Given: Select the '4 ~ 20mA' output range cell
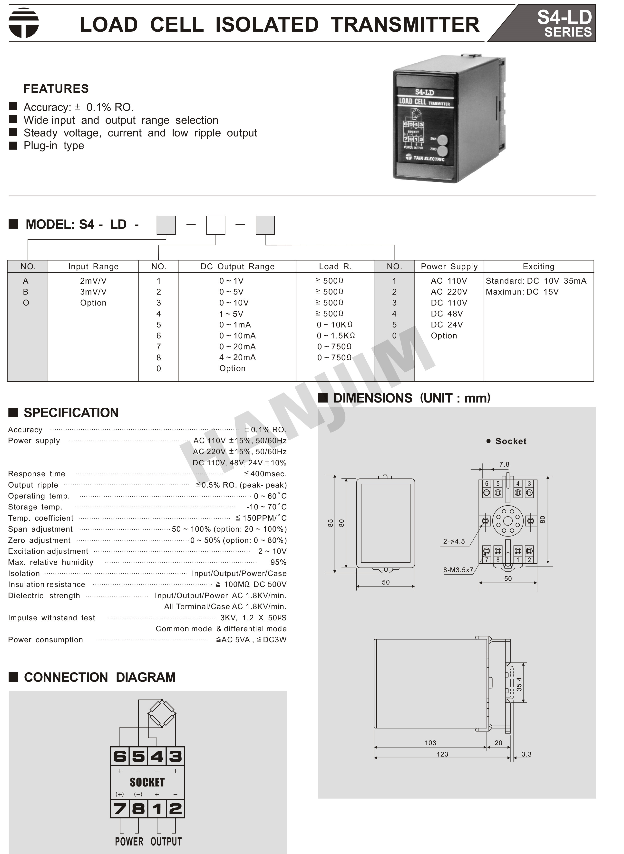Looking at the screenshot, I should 237,357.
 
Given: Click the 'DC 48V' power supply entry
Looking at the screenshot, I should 447,314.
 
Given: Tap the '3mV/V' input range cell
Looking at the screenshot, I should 93,292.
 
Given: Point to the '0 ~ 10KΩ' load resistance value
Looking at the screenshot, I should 335,325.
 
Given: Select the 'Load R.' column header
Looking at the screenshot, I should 335,267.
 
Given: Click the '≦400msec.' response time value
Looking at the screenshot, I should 265,474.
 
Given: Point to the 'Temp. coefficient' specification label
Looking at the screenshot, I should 41,518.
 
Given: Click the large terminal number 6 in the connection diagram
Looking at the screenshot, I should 120,756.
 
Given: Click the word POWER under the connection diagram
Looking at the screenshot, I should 129,842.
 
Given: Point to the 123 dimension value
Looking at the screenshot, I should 442,754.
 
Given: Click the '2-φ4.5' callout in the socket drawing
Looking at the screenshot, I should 454,541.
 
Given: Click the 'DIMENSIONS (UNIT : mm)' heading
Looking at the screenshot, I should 412,398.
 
